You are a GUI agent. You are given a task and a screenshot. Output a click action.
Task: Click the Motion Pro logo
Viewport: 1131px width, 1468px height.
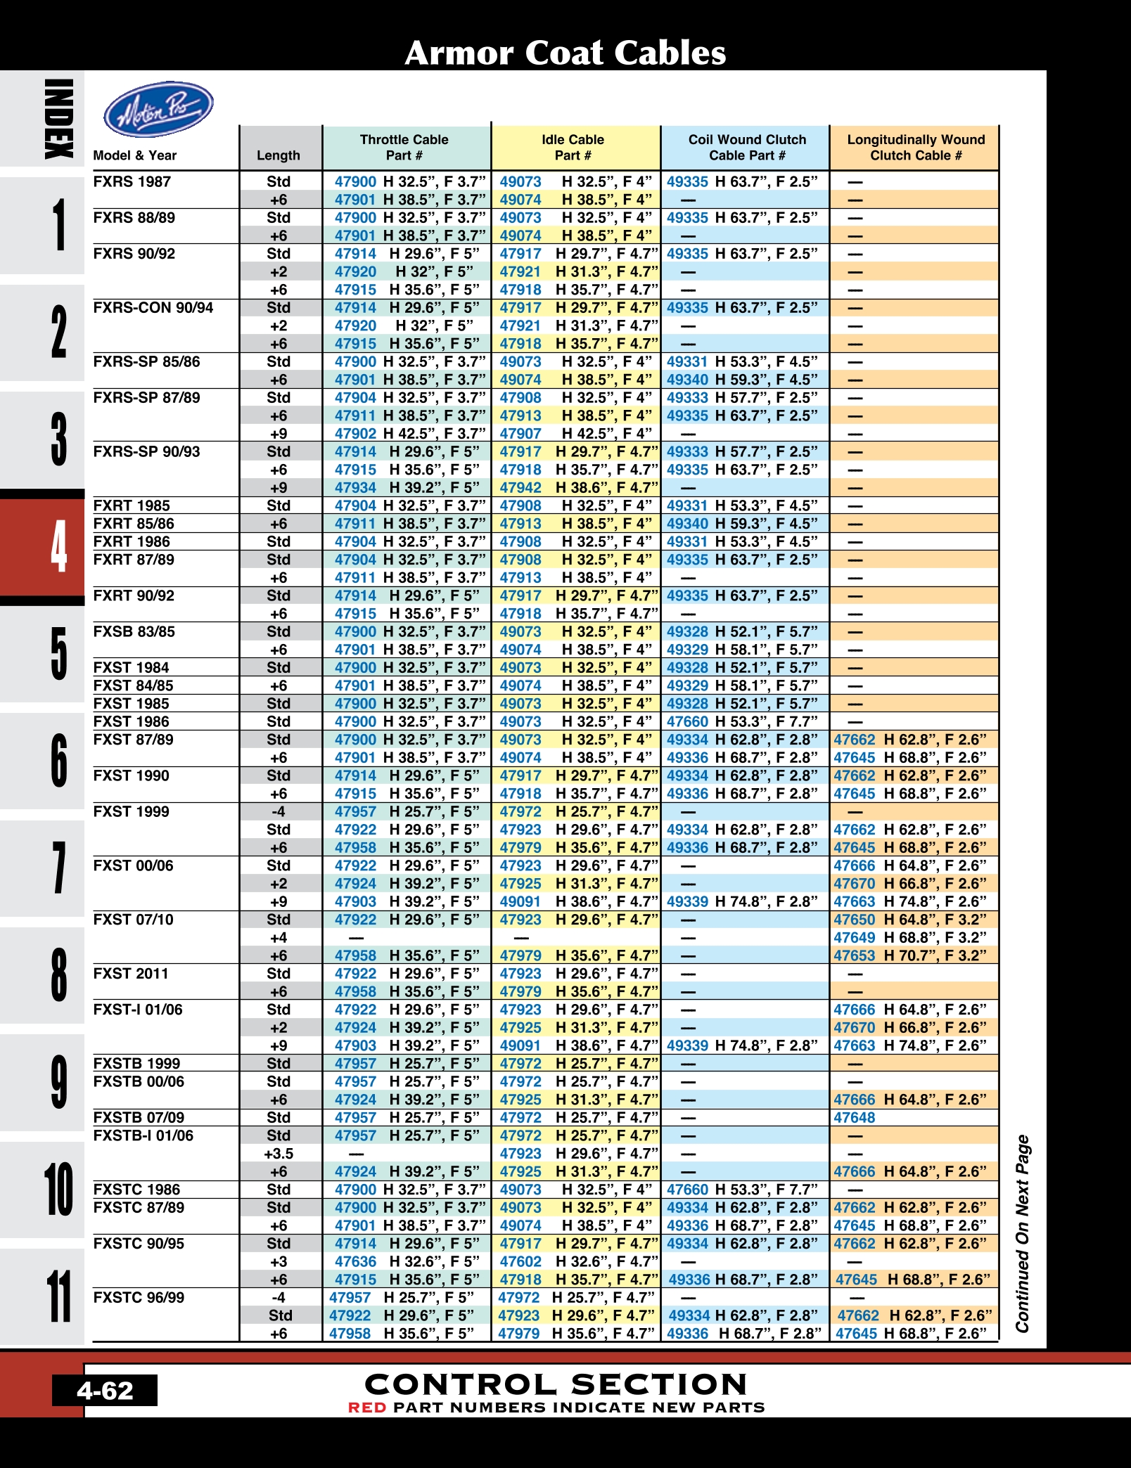[x=158, y=109]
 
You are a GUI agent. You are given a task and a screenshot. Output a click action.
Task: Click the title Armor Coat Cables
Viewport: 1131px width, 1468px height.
[x=565, y=53]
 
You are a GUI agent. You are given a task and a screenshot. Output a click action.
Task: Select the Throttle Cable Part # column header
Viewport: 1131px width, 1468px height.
[x=404, y=148]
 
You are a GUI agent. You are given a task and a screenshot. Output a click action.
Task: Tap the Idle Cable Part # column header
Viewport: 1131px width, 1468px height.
[x=573, y=148]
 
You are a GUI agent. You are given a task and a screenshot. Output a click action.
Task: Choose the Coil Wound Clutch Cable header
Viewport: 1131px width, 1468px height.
[x=747, y=148]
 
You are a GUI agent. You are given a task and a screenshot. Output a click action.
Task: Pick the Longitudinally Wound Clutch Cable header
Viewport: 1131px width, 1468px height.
[x=916, y=148]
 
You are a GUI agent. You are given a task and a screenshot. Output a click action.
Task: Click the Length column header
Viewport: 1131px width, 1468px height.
[x=279, y=155]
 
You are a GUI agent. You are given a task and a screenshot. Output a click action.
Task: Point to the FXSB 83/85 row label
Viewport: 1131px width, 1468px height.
[x=134, y=631]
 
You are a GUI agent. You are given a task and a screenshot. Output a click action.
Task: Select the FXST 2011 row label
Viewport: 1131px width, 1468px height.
[x=131, y=974]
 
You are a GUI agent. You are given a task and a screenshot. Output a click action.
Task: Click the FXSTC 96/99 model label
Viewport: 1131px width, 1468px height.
[x=139, y=1297]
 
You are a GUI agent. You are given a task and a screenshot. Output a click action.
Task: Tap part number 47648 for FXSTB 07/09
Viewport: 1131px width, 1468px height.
[x=855, y=1118]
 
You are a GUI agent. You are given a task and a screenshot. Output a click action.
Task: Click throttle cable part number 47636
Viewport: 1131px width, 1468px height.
[x=355, y=1262]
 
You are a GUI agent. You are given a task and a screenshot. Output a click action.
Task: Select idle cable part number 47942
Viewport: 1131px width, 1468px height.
[x=520, y=488]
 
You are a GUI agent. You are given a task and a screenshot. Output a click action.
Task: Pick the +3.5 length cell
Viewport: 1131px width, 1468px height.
[x=279, y=1154]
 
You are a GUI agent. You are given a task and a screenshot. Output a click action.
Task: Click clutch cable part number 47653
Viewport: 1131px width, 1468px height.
[x=855, y=955]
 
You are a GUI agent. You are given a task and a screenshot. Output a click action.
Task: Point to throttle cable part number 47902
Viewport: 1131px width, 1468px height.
[x=355, y=434]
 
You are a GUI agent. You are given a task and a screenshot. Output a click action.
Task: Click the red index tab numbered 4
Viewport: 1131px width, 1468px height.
[x=42, y=547]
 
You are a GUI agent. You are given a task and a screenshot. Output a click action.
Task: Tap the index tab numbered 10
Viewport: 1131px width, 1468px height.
[x=42, y=1189]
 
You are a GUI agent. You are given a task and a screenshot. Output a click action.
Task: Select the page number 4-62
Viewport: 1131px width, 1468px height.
[x=105, y=1391]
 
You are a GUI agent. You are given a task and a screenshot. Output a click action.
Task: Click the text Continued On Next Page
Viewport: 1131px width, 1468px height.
[x=1022, y=1233]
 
